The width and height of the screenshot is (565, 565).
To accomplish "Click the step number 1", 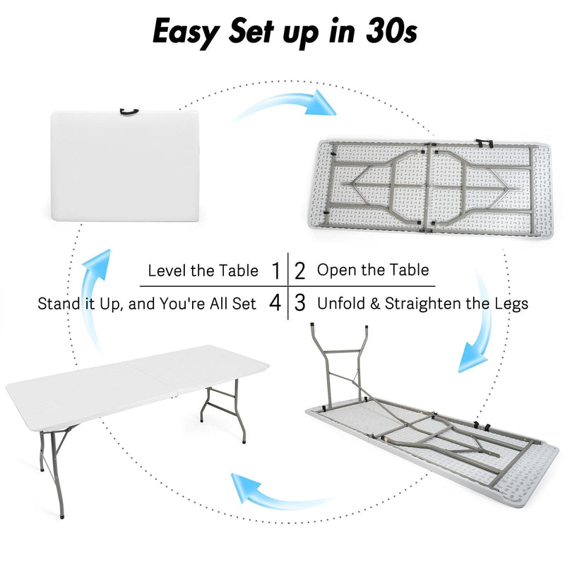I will [x=275, y=270].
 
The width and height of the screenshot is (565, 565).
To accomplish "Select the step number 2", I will [x=300, y=270].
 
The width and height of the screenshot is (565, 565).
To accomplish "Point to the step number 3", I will [x=300, y=304].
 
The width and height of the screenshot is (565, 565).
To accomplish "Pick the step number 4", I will [x=275, y=304].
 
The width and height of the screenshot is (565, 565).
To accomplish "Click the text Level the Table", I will [x=203, y=270].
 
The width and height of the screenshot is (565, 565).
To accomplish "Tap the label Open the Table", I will [x=372, y=270].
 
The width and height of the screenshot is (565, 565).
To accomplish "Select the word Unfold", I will [x=340, y=304].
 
